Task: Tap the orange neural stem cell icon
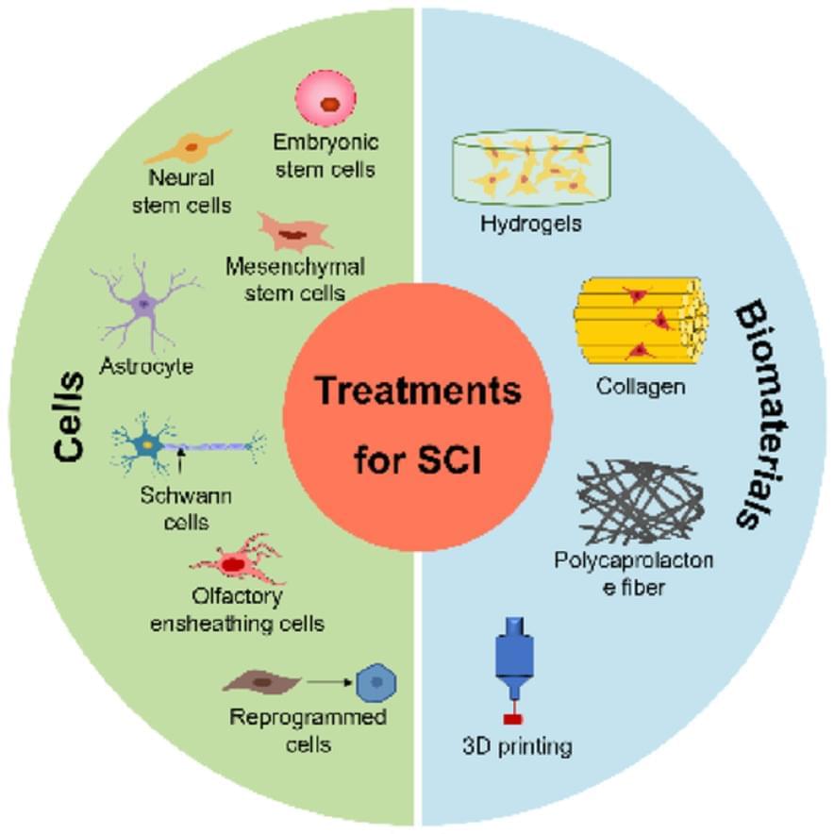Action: click(188, 147)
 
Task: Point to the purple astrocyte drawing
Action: click(143, 303)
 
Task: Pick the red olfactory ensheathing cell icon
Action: click(234, 562)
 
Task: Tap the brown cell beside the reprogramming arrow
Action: click(262, 682)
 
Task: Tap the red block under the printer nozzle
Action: click(514, 720)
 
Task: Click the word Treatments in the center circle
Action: click(418, 389)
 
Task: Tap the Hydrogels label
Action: click(530, 225)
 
